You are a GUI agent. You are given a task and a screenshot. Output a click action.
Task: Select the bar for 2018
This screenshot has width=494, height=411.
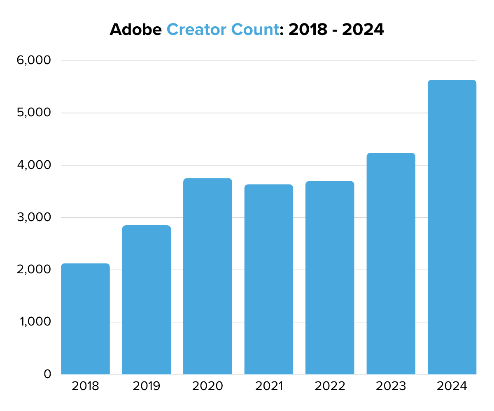[x=85, y=319]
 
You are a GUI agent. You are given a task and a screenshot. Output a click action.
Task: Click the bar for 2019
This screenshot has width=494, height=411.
[x=147, y=300]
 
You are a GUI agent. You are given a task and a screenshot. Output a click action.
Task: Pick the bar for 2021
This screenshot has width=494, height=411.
[x=269, y=279]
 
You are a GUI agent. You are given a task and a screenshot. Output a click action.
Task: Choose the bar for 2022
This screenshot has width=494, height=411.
[x=330, y=277]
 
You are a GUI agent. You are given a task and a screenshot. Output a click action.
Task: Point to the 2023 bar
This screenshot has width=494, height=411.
[x=391, y=263]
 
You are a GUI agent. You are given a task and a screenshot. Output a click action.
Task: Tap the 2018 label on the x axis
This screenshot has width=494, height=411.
[x=85, y=386]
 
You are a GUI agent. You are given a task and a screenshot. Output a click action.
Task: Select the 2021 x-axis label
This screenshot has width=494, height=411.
[x=269, y=386]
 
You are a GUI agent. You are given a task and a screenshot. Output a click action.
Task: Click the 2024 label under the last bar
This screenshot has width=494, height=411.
[x=452, y=386]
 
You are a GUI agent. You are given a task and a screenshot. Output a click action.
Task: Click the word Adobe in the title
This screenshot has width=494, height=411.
[x=135, y=30]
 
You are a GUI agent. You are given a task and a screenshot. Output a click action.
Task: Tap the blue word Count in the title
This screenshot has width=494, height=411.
[x=255, y=30]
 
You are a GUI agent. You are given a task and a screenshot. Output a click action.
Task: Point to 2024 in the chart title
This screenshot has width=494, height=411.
[x=363, y=30]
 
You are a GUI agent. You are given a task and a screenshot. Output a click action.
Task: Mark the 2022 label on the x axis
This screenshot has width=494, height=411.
[x=330, y=386]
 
